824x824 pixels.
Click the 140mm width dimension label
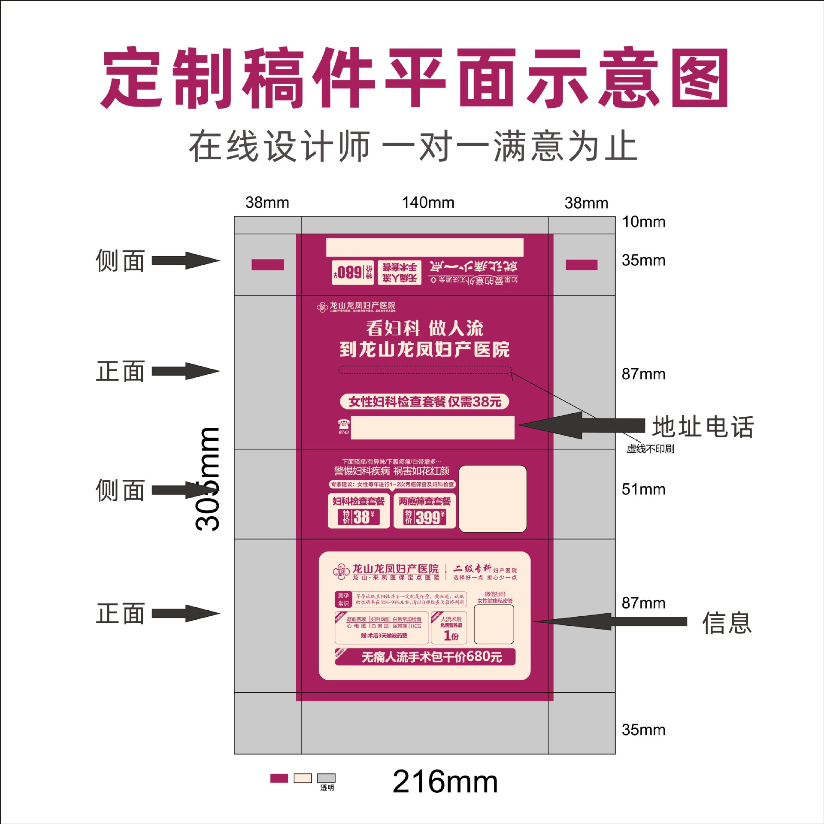pyautogui.click(x=428, y=203)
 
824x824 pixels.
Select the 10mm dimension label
pyautogui.click(x=643, y=222)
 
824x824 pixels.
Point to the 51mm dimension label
pyautogui.click(x=643, y=489)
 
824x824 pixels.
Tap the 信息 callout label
pyautogui.click(x=727, y=623)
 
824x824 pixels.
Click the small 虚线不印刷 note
pyautogui.click(x=650, y=449)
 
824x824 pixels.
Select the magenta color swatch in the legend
pyautogui.click(x=279, y=778)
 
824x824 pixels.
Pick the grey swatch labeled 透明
pyautogui.click(x=326, y=778)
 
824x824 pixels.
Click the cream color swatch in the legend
pyautogui.click(x=303, y=778)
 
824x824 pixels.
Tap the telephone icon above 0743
pyautogui.click(x=343, y=424)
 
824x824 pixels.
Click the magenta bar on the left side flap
pyautogui.click(x=268, y=265)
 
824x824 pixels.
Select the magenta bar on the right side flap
pyautogui.click(x=582, y=265)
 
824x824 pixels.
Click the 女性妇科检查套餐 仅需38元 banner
pyautogui.click(x=424, y=402)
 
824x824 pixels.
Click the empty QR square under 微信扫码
pyautogui.click(x=494, y=624)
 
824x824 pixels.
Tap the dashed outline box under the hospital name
pyautogui.click(x=425, y=370)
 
